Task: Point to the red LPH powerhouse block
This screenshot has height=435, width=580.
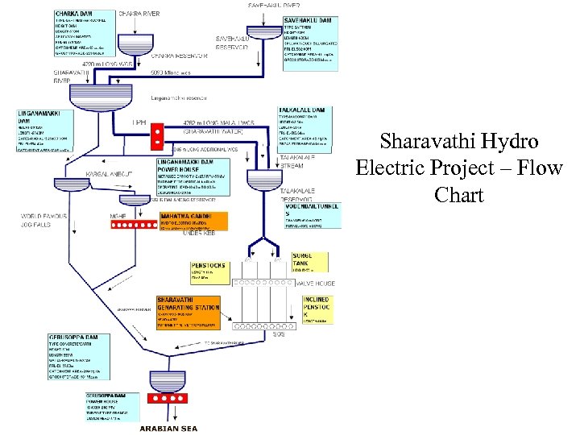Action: pos(158,133)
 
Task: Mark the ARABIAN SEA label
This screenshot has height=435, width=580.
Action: pos(168,429)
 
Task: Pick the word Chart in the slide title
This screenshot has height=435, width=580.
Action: pos(459,195)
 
